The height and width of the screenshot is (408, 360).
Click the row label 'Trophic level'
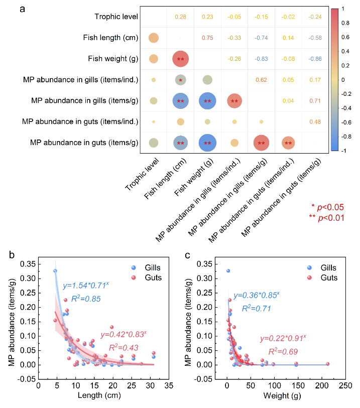coord(117,17)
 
